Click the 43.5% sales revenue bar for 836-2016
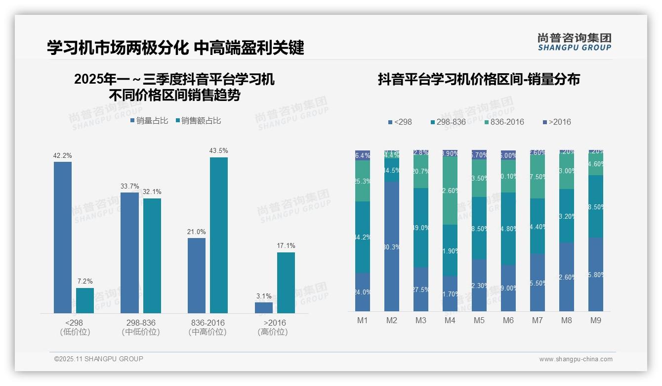click(218, 235)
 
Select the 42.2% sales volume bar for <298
click(63, 238)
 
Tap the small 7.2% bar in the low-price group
click(85, 300)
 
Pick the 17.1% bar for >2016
click(286, 283)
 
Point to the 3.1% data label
click(264, 296)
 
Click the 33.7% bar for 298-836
click(129, 252)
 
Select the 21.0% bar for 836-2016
click(197, 275)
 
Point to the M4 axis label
click(450, 320)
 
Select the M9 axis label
click(596, 320)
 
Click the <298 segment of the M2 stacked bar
click(392, 246)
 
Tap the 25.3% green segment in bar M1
click(363, 181)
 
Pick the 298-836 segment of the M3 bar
click(421, 228)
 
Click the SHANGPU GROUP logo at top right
click(574, 42)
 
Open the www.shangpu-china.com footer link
click(576, 359)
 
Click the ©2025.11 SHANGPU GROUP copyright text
click(99, 359)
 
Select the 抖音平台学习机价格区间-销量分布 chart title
click(479, 79)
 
